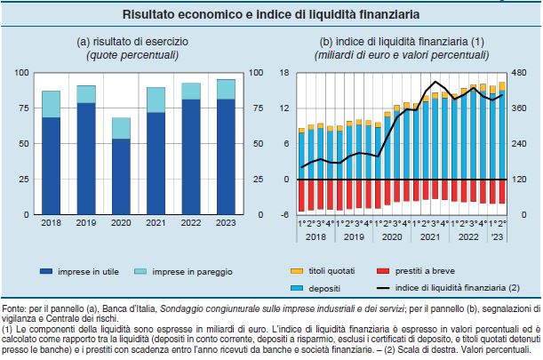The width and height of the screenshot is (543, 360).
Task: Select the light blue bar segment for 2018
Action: point(52,104)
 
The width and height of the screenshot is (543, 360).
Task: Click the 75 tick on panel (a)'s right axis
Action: point(257,108)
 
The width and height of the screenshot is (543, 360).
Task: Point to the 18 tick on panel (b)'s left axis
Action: point(285,73)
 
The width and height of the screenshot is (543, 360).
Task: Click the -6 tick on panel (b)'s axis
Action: point(285,215)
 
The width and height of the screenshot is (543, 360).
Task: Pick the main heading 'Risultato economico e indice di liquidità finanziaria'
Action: point(271,15)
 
